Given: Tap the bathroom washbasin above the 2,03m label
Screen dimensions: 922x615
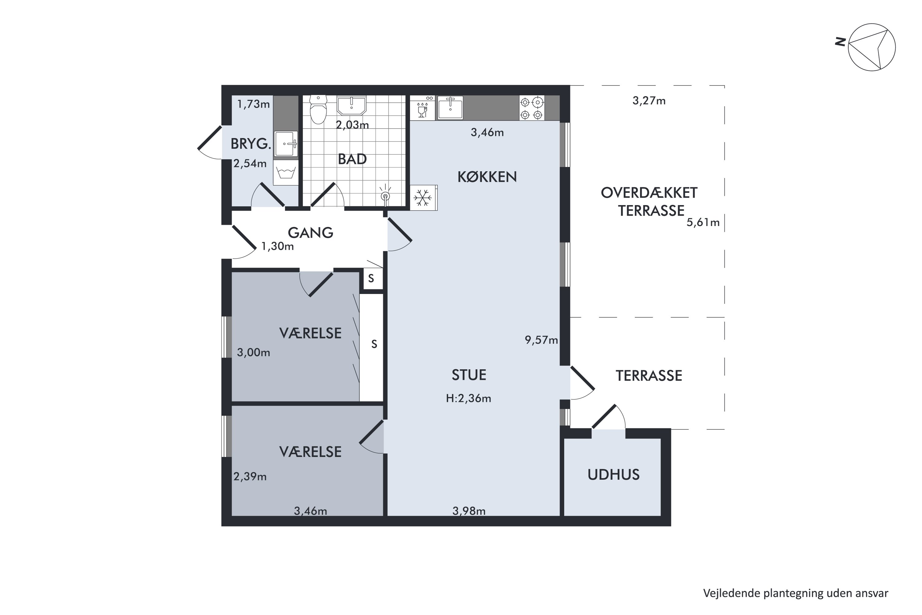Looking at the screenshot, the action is pyautogui.click(x=351, y=105).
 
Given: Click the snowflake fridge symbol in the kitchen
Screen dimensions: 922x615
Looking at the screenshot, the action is pyautogui.click(x=424, y=198).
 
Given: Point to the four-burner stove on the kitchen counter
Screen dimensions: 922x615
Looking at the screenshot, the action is pyautogui.click(x=532, y=108).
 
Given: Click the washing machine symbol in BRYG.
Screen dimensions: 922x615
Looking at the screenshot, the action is pyautogui.click(x=286, y=172).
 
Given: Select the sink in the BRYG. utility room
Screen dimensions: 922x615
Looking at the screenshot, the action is pyautogui.click(x=286, y=144).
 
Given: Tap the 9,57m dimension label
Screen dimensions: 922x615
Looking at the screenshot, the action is pyautogui.click(x=541, y=340).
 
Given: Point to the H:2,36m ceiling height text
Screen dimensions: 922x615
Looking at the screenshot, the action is pyautogui.click(x=468, y=399).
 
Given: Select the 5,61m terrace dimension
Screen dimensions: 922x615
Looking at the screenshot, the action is pyautogui.click(x=703, y=223).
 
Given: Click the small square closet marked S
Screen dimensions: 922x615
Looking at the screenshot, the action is pyautogui.click(x=371, y=279).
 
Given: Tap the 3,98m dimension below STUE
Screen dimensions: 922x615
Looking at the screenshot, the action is pyautogui.click(x=469, y=511).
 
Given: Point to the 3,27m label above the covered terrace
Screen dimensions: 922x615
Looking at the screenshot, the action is pyautogui.click(x=649, y=101).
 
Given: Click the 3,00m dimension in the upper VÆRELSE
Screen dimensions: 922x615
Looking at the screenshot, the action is pyautogui.click(x=253, y=353).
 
